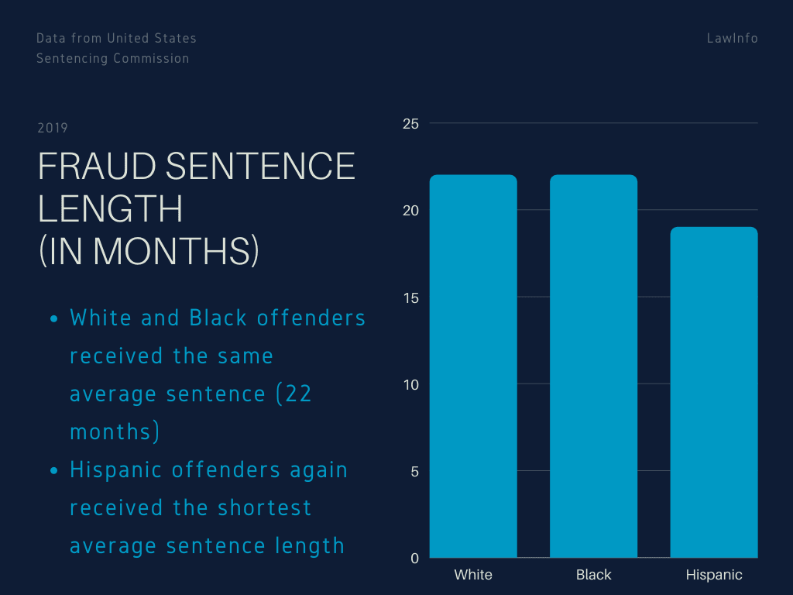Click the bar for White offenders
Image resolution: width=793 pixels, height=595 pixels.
(473, 366)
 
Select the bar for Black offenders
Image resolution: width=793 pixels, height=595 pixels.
(594, 366)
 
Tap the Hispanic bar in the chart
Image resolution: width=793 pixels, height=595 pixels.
(714, 392)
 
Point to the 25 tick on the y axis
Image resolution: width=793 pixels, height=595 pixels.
(410, 123)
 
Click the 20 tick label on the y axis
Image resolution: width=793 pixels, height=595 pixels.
(410, 211)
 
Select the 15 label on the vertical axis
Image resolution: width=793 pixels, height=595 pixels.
(411, 298)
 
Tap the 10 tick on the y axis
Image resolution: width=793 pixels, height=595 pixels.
(411, 385)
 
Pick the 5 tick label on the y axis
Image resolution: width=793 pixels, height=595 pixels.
(415, 472)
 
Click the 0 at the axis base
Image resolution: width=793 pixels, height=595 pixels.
(415, 559)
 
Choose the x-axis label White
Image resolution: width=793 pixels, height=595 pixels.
(473, 575)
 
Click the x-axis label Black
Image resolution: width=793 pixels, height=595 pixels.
(594, 575)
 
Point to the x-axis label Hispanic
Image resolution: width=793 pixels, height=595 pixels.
(714, 576)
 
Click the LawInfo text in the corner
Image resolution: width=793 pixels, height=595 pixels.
(733, 39)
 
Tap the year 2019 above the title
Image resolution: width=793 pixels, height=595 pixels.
(53, 128)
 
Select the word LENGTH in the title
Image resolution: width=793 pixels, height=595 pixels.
(110, 208)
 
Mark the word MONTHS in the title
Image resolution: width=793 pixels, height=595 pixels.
(173, 251)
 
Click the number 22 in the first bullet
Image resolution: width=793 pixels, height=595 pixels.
(298, 394)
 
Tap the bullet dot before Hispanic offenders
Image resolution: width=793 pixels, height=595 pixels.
(54, 471)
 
